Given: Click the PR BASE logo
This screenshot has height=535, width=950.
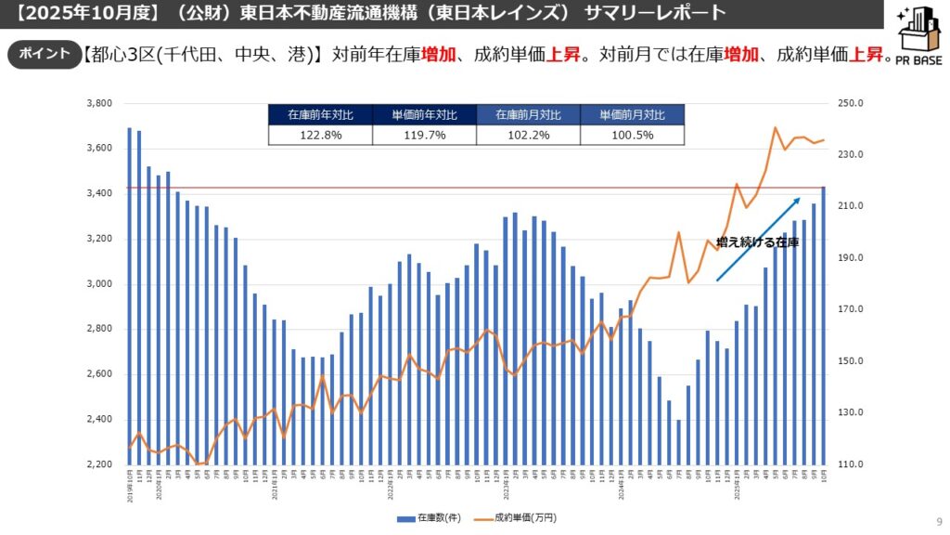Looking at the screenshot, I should (x=918, y=43).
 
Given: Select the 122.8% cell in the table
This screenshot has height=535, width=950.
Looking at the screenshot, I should (x=320, y=135).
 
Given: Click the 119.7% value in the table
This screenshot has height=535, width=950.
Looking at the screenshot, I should (x=424, y=135).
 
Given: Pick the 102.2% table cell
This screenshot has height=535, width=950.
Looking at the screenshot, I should (x=528, y=135).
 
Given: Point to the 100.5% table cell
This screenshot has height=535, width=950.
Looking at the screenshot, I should (x=632, y=135).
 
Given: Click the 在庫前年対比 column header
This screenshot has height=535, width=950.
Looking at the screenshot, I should (x=320, y=115).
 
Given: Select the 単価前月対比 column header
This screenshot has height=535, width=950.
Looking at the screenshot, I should (x=632, y=115).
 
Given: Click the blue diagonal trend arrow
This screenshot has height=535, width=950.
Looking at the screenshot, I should (x=757, y=239).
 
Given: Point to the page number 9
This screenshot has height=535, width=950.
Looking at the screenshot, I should (x=939, y=521).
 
